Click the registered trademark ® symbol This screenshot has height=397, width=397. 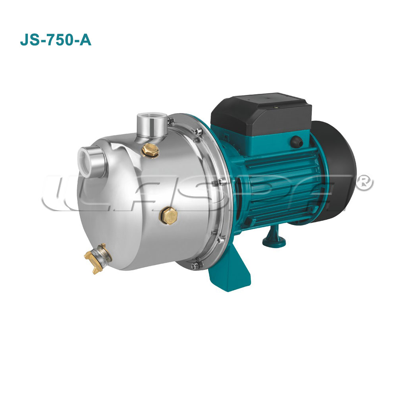pyautogui.click(x=366, y=182)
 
